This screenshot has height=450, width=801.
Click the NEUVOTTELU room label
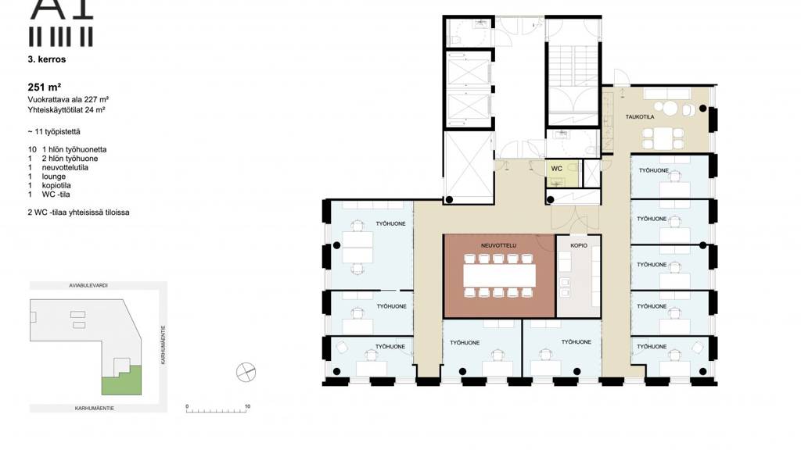point(498,245)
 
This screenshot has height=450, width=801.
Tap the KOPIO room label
point(579,245)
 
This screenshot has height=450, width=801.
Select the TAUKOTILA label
point(640,117)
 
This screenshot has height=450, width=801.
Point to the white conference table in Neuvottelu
point(499,276)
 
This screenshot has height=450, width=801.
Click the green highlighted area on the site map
point(121,380)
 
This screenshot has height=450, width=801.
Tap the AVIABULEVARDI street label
point(88,286)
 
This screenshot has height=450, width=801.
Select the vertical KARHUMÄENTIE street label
point(163,345)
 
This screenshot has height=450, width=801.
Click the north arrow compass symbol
point(246,372)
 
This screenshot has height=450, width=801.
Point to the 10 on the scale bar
point(247,406)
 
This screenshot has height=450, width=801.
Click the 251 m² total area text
point(45,87)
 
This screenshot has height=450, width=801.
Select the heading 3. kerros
point(47,59)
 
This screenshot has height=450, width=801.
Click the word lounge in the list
point(54,177)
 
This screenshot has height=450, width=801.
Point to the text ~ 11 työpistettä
point(54,131)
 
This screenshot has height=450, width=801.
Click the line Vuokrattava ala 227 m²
point(68,100)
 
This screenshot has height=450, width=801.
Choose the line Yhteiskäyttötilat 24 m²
point(66,109)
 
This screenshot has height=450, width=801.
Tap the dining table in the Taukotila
point(663,138)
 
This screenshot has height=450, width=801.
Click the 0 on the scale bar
point(187,406)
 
